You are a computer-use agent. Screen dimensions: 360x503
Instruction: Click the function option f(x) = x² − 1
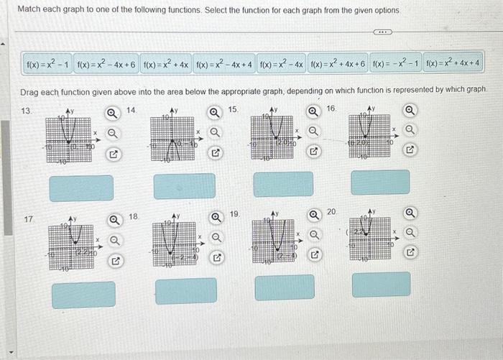pos(48,65)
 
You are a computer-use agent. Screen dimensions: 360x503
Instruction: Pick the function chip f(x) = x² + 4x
pos(166,65)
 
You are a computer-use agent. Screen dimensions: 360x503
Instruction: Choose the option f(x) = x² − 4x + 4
pos(224,65)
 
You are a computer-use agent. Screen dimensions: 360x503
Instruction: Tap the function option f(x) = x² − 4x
pos(282,65)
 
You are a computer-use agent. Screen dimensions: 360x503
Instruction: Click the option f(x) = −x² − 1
pos(395,65)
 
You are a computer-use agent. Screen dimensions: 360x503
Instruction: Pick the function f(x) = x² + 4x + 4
pos(453,65)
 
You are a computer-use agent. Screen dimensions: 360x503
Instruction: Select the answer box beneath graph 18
pos(185,291)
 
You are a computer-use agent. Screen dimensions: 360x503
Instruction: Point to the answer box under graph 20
pos(381,285)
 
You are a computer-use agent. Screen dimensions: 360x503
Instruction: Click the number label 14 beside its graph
pos(131,109)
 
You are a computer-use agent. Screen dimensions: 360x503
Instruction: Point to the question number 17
pos(28,217)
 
